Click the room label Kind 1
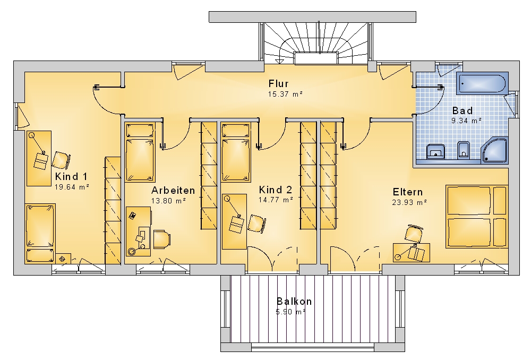tap(71, 176)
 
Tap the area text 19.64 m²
tap(72, 187)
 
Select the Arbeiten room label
tap(173, 190)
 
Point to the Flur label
tap(278, 83)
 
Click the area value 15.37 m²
tap(285, 94)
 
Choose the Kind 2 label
tap(275, 190)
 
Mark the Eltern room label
tap(408, 192)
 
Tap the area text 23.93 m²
tap(409, 202)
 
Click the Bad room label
tap(463, 111)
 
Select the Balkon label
tap(294, 301)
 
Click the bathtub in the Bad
tap(482, 83)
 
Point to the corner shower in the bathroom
tap(495, 150)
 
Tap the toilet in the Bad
tap(463, 149)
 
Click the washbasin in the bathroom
tap(435, 151)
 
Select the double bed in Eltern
tap(477, 217)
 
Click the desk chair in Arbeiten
tap(161, 239)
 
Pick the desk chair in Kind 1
tap(61, 160)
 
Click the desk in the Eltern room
tap(412, 252)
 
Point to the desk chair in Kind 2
tap(256, 224)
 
